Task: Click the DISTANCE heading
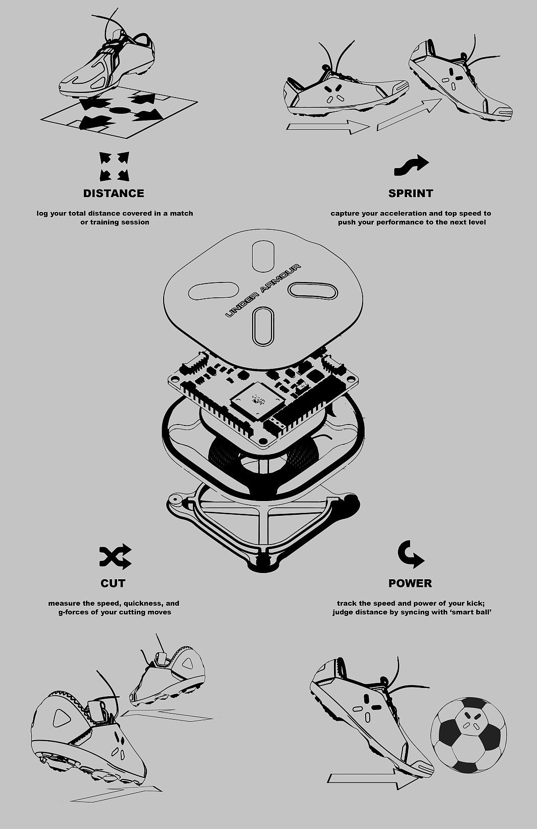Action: point(114,193)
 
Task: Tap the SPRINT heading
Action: point(411,193)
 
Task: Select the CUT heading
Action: point(113,583)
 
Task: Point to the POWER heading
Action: point(410,583)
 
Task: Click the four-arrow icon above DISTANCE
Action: point(114,167)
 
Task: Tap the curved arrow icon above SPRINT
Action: point(411,165)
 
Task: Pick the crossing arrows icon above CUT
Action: point(115,556)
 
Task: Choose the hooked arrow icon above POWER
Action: point(410,554)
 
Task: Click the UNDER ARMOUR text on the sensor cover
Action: point(263,291)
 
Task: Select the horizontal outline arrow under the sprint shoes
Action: point(328,127)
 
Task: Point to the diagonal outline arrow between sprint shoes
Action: point(410,114)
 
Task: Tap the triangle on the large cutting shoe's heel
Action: point(61,718)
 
